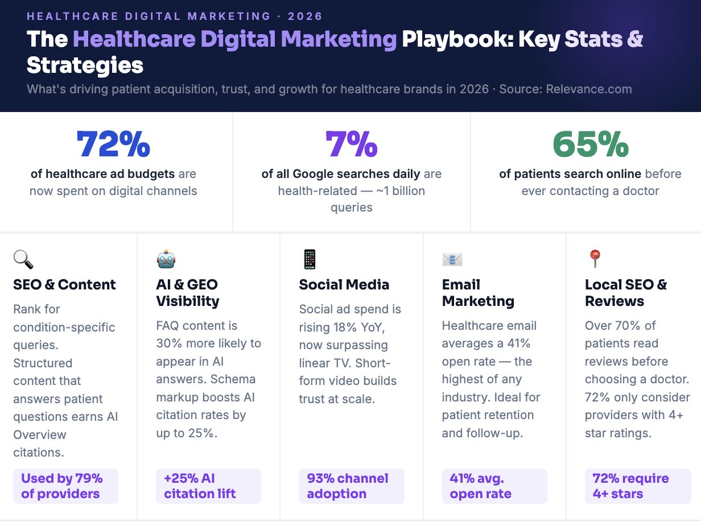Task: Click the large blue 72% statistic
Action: [x=113, y=144]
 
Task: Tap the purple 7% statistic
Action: [x=351, y=144]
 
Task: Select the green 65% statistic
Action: [x=590, y=144]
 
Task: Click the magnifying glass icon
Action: [x=23, y=260]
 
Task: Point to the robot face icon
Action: [x=166, y=260]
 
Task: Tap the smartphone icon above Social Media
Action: [x=309, y=260]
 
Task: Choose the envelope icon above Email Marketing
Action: [x=452, y=260]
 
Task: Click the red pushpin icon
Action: [x=595, y=259]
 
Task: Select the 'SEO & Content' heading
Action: [x=64, y=285]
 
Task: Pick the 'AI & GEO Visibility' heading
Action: [x=187, y=293]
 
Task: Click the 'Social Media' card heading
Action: [x=344, y=285]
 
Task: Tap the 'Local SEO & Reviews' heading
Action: [x=625, y=293]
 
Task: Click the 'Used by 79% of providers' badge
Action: [x=65, y=486]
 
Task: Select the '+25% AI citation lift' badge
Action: [x=208, y=486]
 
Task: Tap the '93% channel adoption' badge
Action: [x=351, y=486]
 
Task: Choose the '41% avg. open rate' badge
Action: [x=494, y=486]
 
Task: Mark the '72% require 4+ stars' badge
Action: [x=637, y=486]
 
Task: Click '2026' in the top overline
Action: [x=305, y=16]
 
